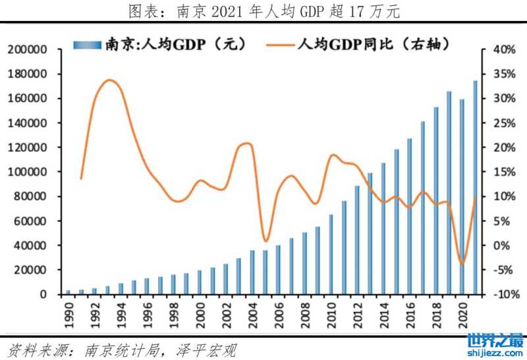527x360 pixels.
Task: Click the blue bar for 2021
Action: pyautogui.click(x=475, y=188)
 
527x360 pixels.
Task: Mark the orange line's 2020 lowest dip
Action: pyautogui.click(x=462, y=263)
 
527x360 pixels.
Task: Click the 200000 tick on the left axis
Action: pyautogui.click(x=26, y=50)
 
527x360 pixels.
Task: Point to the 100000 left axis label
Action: pyautogui.click(x=26, y=172)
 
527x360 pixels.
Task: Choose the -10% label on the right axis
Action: pyautogui.click(x=495, y=294)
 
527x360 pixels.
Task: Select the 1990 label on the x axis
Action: pyautogui.click(x=68, y=311)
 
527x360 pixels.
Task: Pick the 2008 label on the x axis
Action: pyautogui.click(x=304, y=311)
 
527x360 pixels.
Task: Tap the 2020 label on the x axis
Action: pyautogui.click(x=461, y=311)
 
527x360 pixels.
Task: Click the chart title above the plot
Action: pyautogui.click(x=263, y=11)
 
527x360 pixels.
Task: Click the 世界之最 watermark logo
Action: pyautogui.click(x=495, y=344)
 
